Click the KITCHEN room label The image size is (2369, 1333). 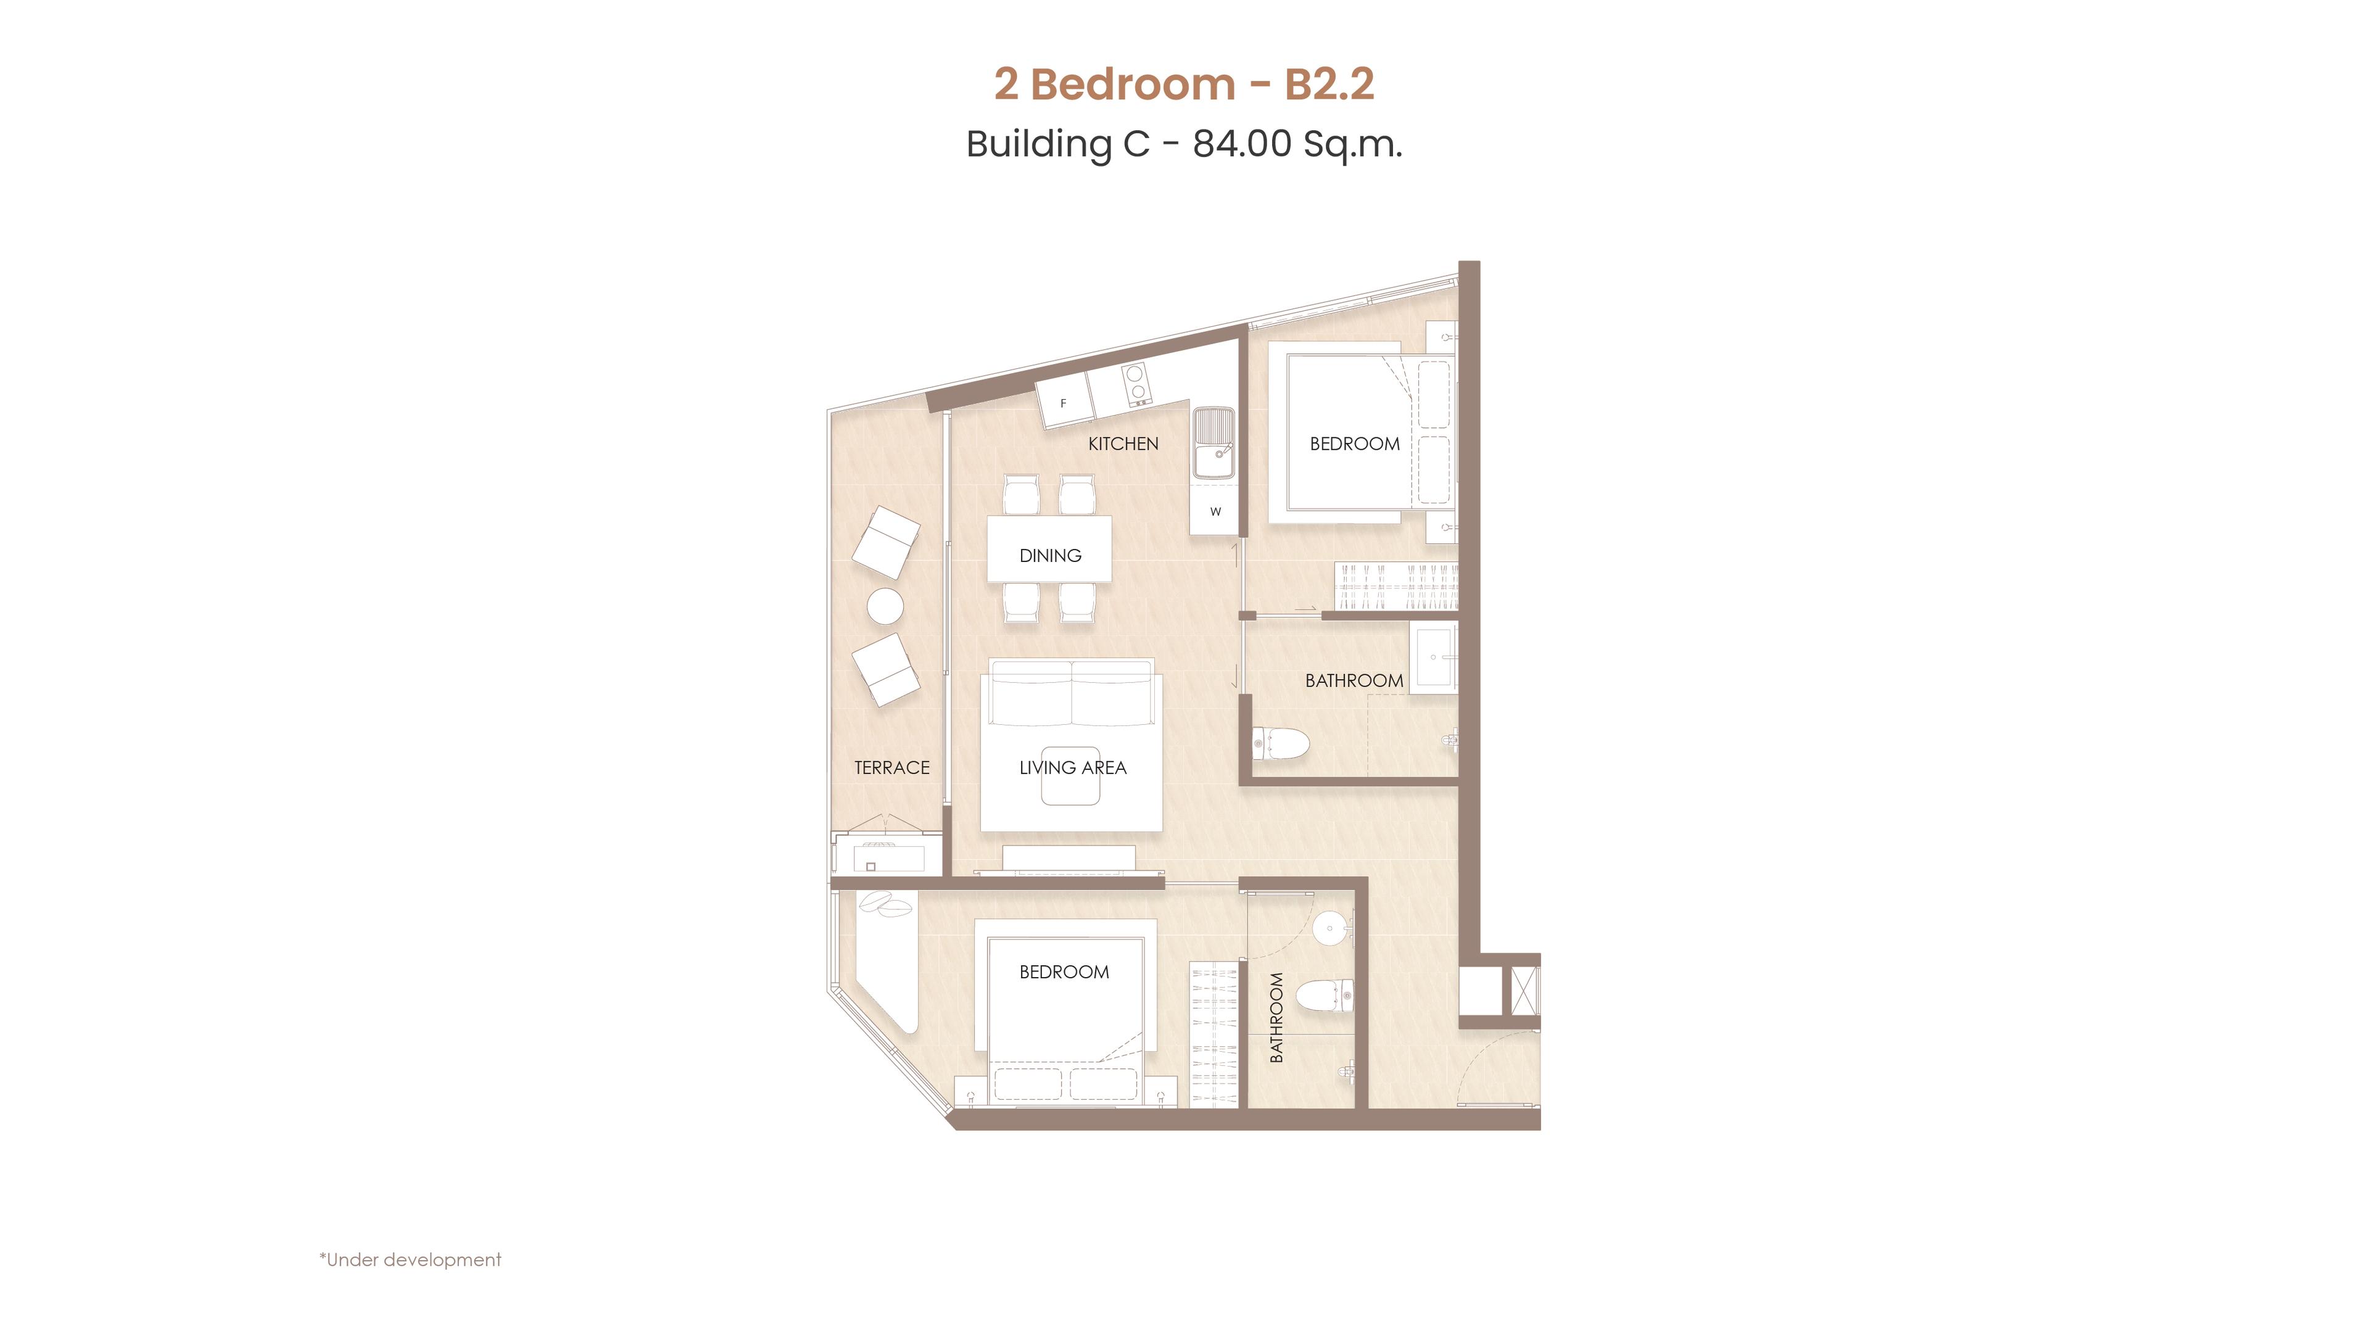tap(1123, 444)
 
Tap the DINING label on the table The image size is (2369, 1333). tap(1050, 555)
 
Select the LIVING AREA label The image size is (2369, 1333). tap(1072, 767)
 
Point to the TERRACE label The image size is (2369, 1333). tap(892, 767)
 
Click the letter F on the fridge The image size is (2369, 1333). tap(1063, 403)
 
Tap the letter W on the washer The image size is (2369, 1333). tap(1216, 512)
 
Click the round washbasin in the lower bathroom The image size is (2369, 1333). tap(1330, 928)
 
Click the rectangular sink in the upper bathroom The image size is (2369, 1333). tap(1434, 658)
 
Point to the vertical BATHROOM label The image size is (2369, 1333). tap(1276, 1018)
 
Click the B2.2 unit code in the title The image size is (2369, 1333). tap(1329, 84)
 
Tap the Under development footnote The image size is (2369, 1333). tap(410, 1260)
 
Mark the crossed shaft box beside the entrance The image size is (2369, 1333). tap(1524, 991)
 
